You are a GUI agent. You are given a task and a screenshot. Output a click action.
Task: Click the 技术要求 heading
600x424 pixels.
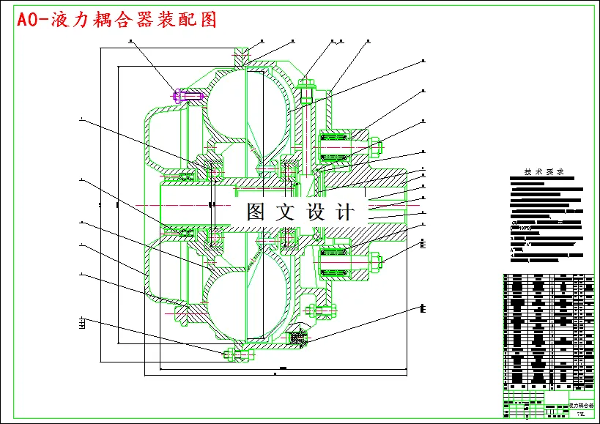[x=544, y=173]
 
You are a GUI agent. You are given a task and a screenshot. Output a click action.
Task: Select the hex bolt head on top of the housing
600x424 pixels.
[x=306, y=85]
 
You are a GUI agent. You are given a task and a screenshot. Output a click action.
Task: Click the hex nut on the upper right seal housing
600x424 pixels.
[x=376, y=146]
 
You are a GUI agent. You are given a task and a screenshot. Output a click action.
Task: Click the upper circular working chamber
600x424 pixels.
[x=242, y=103]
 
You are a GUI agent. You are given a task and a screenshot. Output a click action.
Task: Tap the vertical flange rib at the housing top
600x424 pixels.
[x=242, y=59]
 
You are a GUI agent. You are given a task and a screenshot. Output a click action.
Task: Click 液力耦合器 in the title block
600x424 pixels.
[x=582, y=404]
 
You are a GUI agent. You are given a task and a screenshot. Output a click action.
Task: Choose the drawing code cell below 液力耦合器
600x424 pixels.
[x=582, y=414]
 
